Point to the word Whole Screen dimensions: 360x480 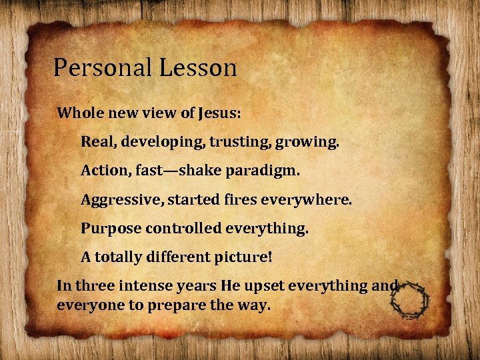coord(79,113)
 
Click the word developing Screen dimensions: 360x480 coord(148,142)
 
